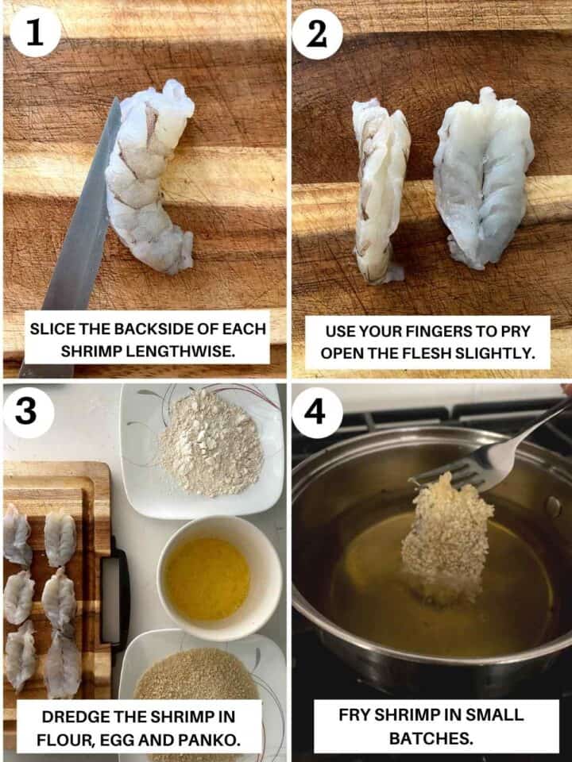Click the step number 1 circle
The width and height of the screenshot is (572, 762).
pyautogui.click(x=34, y=32)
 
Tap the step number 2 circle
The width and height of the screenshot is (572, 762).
pyautogui.click(x=317, y=34)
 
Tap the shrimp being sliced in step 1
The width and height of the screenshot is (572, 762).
pyautogui.click(x=149, y=177)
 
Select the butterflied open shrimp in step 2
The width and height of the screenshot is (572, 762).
pyautogui.click(x=483, y=177)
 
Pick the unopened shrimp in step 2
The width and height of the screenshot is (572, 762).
pyautogui.click(x=381, y=190)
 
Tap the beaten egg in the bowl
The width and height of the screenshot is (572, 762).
pyautogui.click(x=207, y=579)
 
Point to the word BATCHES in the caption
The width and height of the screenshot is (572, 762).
pyautogui.click(x=431, y=738)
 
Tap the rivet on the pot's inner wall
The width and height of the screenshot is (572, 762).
pyautogui.click(x=553, y=507)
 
